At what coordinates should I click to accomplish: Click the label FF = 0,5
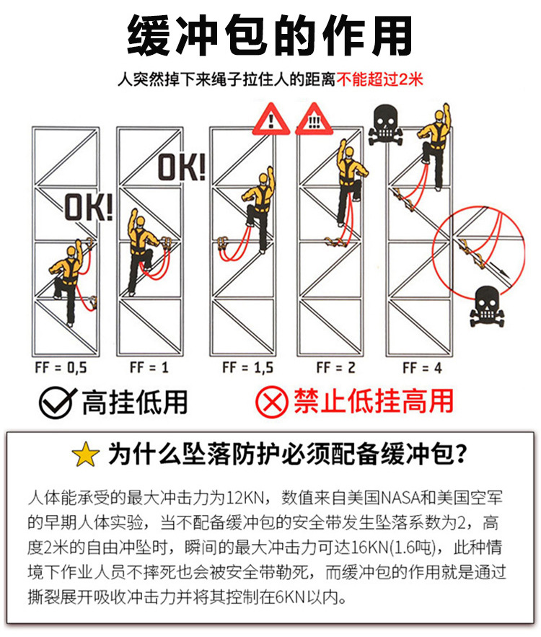coord(61,368)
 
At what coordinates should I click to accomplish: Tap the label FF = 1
coord(149,368)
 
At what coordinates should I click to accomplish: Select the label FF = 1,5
coord(247,368)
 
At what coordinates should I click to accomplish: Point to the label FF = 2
coord(336,368)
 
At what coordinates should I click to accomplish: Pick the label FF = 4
coord(423,368)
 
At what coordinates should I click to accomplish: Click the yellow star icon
coord(85,454)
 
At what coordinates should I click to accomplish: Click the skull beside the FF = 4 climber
coord(385,125)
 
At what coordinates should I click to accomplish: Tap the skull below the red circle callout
coord(487,307)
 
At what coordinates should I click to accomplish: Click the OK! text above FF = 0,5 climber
coord(89,207)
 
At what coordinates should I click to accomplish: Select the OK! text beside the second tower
coord(182,167)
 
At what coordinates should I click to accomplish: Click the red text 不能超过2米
coord(379,79)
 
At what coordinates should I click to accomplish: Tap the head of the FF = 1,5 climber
coord(264,179)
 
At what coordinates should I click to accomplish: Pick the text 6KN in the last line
coord(291,597)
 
